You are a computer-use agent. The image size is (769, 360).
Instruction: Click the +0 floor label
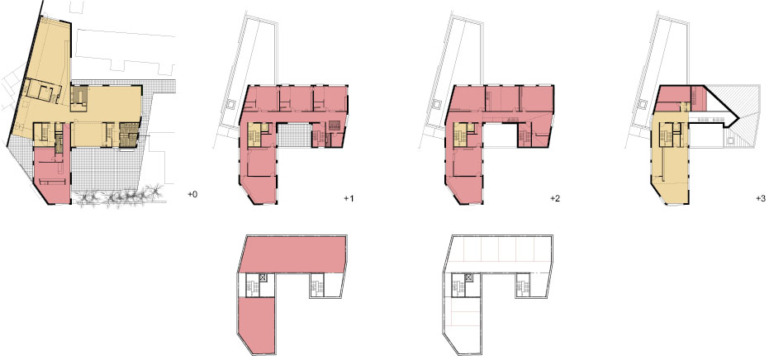click(192, 195)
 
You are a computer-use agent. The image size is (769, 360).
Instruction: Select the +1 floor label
click(349, 199)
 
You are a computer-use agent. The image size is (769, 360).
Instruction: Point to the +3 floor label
click(760, 199)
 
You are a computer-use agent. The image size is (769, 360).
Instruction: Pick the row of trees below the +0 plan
click(120, 197)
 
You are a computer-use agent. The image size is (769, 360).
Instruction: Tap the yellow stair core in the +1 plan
click(254, 135)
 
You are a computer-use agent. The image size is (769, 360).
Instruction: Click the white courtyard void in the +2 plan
click(501, 135)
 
